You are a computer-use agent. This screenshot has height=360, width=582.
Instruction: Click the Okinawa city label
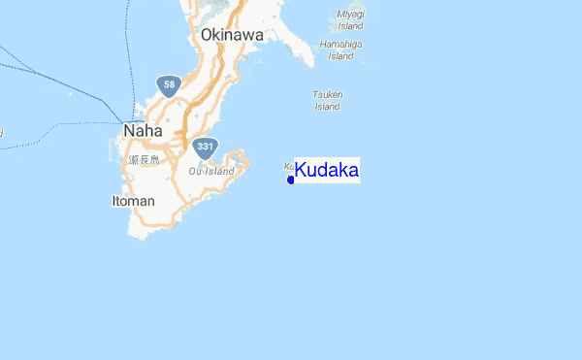(x=232, y=35)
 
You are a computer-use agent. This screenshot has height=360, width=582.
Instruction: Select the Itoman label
(x=132, y=201)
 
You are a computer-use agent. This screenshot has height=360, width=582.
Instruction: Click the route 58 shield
(x=170, y=85)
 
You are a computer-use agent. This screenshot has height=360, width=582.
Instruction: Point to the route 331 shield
(x=204, y=147)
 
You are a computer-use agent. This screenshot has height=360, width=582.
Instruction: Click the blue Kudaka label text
(x=327, y=171)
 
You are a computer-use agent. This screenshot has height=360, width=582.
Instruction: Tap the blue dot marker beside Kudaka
(x=291, y=180)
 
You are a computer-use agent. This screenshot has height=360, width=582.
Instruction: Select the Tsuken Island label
(x=327, y=100)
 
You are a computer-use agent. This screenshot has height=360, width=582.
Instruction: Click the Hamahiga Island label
(x=339, y=49)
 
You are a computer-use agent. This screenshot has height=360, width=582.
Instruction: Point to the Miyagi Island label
(x=350, y=19)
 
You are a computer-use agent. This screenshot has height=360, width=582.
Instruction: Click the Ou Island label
(x=210, y=172)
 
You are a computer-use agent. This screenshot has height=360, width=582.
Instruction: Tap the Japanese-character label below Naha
(x=143, y=160)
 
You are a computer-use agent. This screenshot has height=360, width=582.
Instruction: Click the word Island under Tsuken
(x=327, y=107)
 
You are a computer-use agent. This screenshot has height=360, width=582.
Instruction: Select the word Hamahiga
(x=339, y=44)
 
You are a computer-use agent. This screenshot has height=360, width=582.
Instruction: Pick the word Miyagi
(x=350, y=14)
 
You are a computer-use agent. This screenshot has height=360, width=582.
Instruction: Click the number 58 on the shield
(x=170, y=85)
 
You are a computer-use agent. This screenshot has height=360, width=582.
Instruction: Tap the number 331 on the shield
(x=204, y=147)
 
